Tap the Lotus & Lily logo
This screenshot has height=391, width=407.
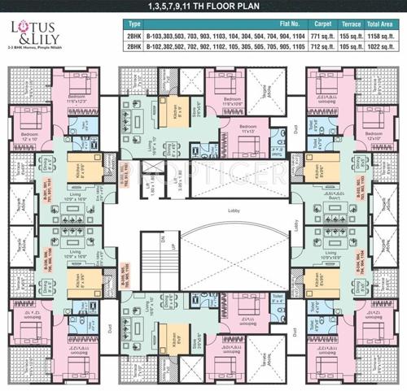click(x=24, y=35)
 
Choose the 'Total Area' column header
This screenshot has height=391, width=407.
click(x=382, y=25)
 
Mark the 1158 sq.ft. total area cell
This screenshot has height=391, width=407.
click(x=382, y=37)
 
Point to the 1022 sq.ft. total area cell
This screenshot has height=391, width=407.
click(x=382, y=48)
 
